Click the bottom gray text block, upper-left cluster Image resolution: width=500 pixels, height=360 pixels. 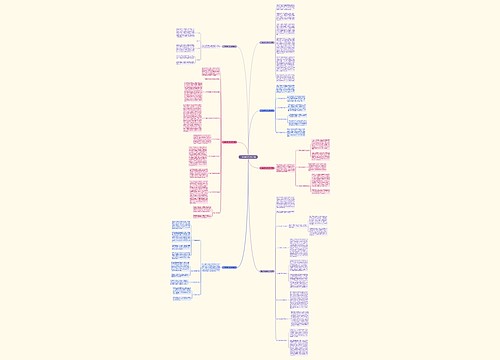coord(187,59)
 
